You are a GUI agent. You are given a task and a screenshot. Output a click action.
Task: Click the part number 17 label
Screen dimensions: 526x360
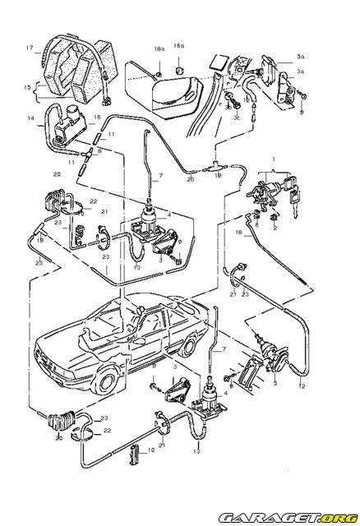pos(30,48)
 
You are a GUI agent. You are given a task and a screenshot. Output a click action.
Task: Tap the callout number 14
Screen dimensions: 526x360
pos(30,119)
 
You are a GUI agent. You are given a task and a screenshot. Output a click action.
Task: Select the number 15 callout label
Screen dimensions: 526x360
pos(26,86)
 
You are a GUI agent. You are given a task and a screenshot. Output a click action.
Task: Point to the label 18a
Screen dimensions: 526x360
pos(159,49)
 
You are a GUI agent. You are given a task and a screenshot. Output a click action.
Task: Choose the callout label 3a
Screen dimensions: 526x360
pos(301,72)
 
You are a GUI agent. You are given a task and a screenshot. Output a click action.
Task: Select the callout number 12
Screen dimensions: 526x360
pos(302,385)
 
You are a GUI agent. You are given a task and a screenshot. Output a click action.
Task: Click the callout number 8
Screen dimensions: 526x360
pos(99,151)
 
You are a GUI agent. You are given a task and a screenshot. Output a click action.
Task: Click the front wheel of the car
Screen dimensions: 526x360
pos(108,380)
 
